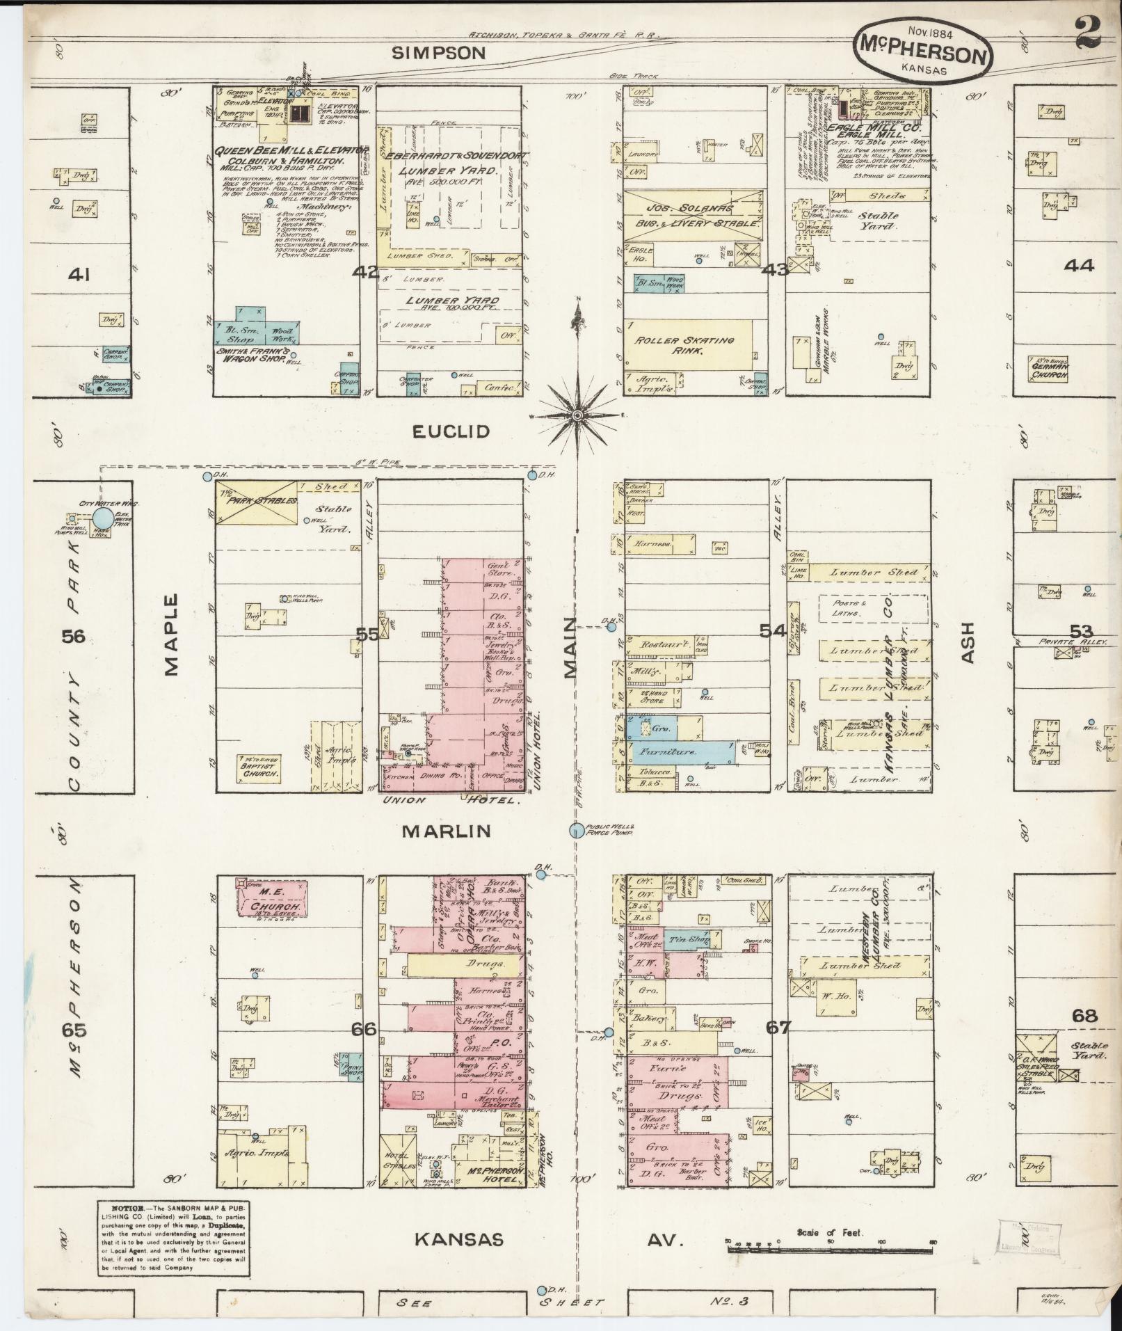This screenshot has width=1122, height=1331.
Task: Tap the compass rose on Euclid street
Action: (x=577, y=415)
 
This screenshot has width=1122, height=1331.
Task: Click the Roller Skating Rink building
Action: (x=687, y=345)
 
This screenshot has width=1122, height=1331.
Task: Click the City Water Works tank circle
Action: (x=102, y=518)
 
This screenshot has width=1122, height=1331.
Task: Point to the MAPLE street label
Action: (x=171, y=634)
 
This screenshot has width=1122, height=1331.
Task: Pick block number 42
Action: (x=365, y=271)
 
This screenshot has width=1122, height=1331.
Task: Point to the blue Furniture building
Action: (x=680, y=752)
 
